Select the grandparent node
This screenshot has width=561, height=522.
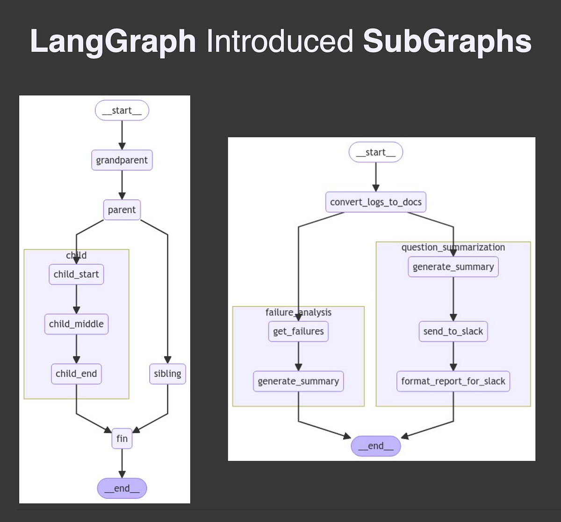pyautogui.click(x=122, y=160)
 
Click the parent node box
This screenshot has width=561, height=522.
pyautogui.click(x=122, y=210)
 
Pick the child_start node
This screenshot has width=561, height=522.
pyautogui.click(x=76, y=274)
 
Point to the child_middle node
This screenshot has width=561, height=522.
pyautogui.click(x=76, y=324)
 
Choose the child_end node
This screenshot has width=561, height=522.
pyautogui.click(x=76, y=374)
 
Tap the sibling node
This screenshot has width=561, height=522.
pyautogui.click(x=167, y=374)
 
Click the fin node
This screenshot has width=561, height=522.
pyautogui.click(x=122, y=438)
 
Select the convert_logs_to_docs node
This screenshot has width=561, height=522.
pyautogui.click(x=376, y=202)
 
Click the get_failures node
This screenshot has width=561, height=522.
pyautogui.click(x=298, y=331)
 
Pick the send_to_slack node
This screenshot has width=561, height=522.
pyautogui.click(x=453, y=331)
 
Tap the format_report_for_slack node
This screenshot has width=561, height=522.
pyautogui.click(x=453, y=381)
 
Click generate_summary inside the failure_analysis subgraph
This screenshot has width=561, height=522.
pyautogui.click(x=298, y=381)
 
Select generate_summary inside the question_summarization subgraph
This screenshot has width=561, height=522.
pyautogui.click(x=453, y=267)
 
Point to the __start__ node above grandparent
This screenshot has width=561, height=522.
pyautogui.click(x=122, y=111)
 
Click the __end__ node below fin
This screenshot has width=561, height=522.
pyautogui.click(x=122, y=488)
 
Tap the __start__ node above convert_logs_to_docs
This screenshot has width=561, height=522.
pyautogui.click(x=376, y=152)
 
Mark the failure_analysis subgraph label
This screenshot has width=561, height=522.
pyautogui.click(x=298, y=312)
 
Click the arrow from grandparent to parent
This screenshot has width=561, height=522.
pyautogui.click(x=122, y=185)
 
